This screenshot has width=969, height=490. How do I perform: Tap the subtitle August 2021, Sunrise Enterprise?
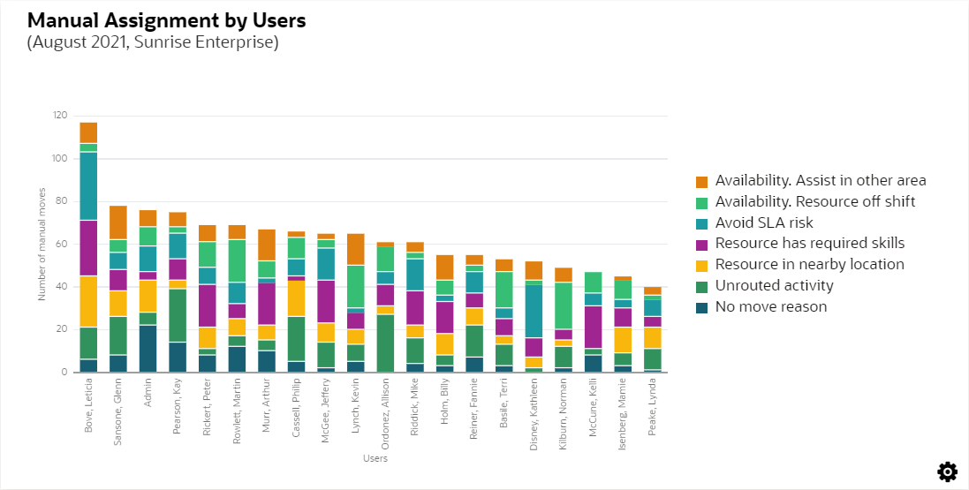point(153,41)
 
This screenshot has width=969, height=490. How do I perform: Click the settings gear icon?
point(948,471)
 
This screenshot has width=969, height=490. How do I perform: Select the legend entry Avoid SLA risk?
point(764,222)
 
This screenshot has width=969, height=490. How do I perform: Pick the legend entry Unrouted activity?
point(774,286)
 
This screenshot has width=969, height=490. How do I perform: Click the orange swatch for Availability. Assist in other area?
point(701,181)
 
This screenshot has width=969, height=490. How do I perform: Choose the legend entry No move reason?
point(771,307)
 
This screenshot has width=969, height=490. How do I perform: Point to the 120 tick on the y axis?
point(60,116)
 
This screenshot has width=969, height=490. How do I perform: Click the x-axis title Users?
point(375,458)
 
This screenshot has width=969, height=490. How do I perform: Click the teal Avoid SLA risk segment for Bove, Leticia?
point(88,185)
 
